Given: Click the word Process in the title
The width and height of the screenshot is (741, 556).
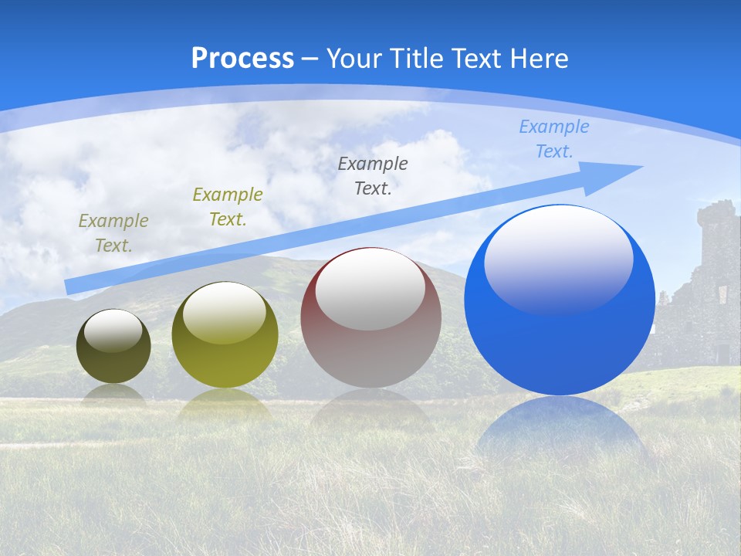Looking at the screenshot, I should [242, 58].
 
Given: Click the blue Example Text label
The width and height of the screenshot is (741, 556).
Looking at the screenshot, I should [554, 139].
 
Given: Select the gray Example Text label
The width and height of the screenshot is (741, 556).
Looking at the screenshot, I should [373, 175].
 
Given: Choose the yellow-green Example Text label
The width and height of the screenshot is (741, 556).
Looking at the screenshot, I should [228, 206].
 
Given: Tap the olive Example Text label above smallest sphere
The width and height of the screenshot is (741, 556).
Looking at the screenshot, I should [113, 232].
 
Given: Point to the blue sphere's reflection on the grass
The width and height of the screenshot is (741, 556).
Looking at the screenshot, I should [561, 432].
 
